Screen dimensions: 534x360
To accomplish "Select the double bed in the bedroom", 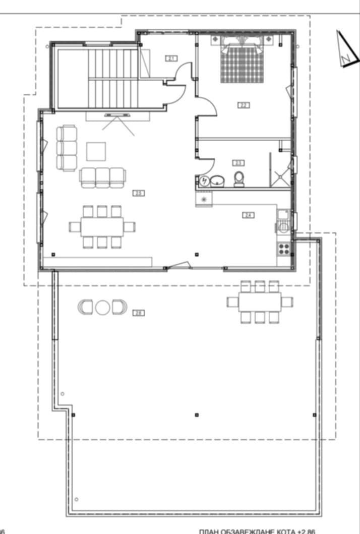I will click(x=243, y=63).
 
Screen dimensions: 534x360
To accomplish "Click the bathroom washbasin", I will click(x=218, y=180).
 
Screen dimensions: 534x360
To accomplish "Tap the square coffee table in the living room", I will click(x=96, y=151).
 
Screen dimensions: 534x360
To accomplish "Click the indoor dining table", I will click(x=102, y=226).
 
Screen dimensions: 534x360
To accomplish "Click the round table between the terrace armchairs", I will click(x=102, y=307).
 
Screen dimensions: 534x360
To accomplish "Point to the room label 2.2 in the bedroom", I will click(x=244, y=105).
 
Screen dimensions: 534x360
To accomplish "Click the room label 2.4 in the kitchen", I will click(x=248, y=215).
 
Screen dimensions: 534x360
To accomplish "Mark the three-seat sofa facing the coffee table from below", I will click(x=102, y=177).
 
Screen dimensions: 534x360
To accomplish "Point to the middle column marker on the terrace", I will click(x=196, y=415).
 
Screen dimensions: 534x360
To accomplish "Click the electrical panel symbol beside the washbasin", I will click(x=204, y=181).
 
